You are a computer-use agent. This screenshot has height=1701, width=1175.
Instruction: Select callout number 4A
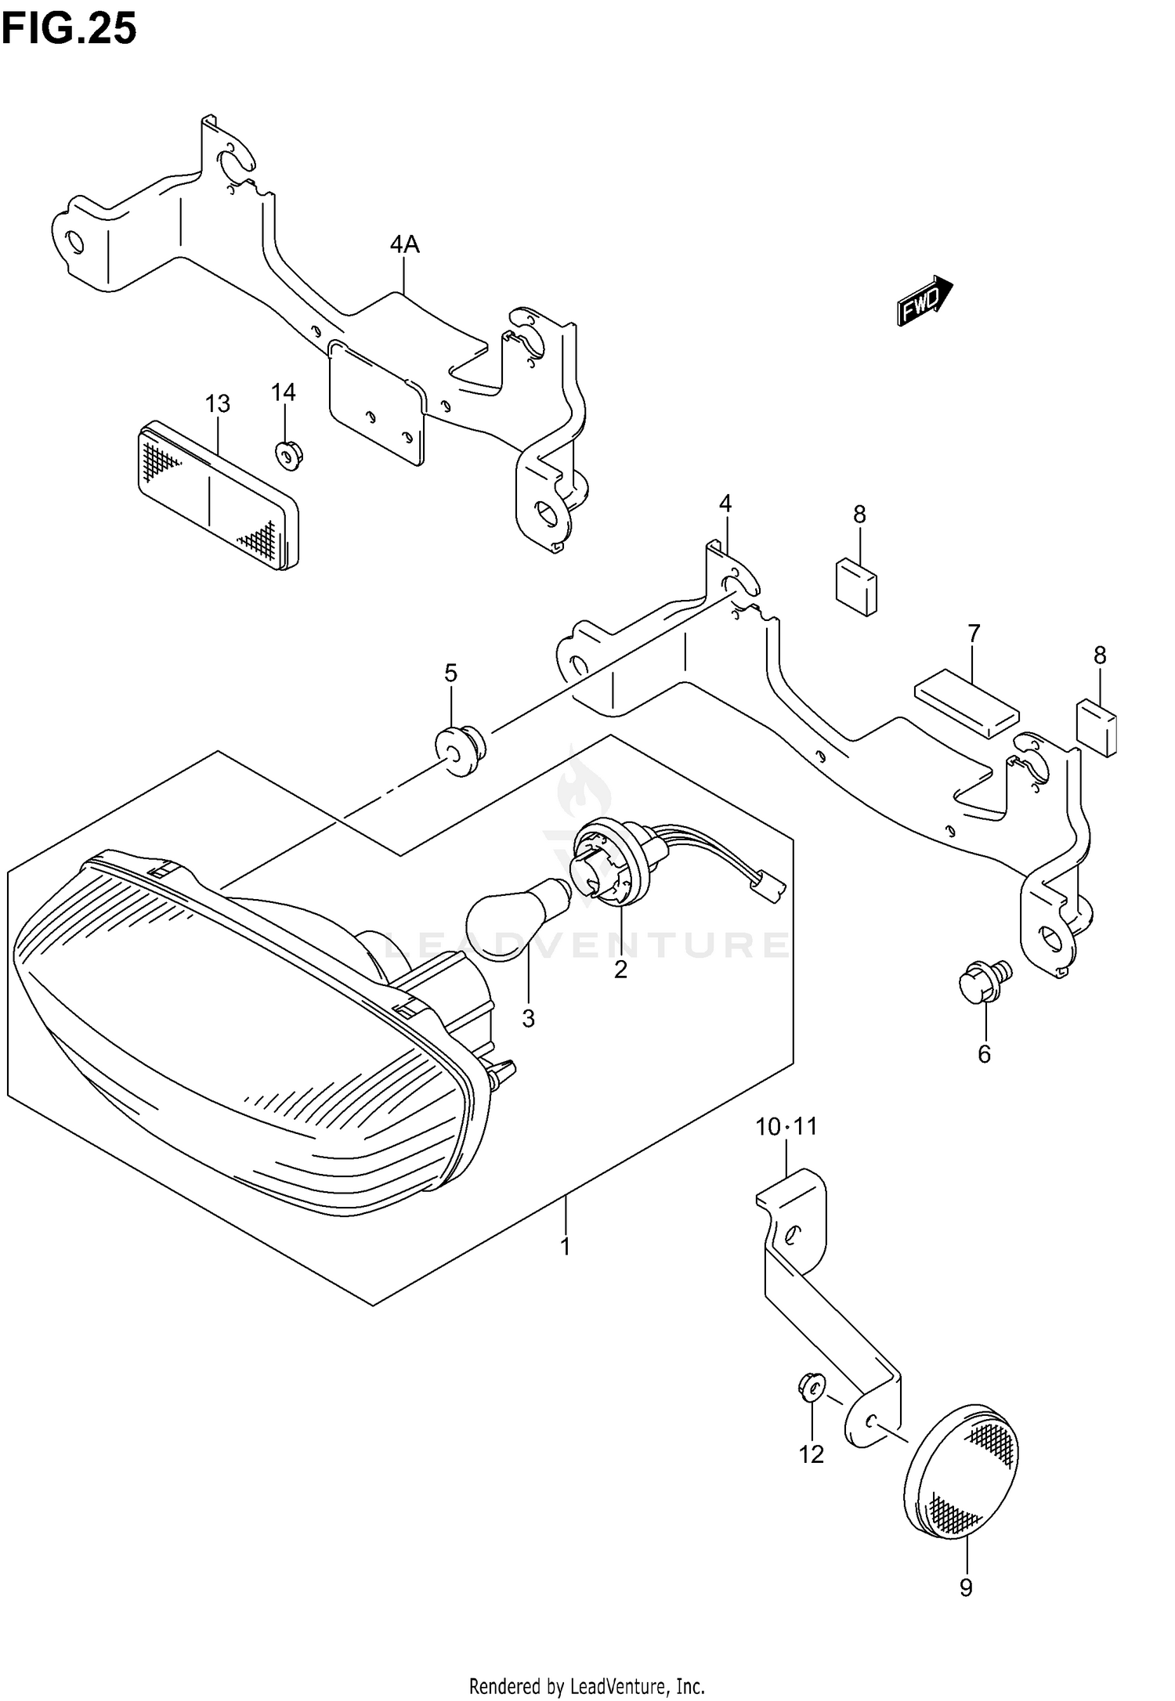click(x=405, y=245)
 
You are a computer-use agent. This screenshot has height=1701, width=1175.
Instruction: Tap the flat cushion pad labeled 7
click(x=967, y=702)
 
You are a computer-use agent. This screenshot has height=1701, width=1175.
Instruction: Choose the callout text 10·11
click(x=786, y=1127)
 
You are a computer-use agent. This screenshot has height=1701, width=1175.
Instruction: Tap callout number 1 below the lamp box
click(x=566, y=1247)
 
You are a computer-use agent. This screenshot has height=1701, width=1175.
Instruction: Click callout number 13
click(x=218, y=403)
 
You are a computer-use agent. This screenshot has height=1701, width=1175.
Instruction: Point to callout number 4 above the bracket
click(x=725, y=504)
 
